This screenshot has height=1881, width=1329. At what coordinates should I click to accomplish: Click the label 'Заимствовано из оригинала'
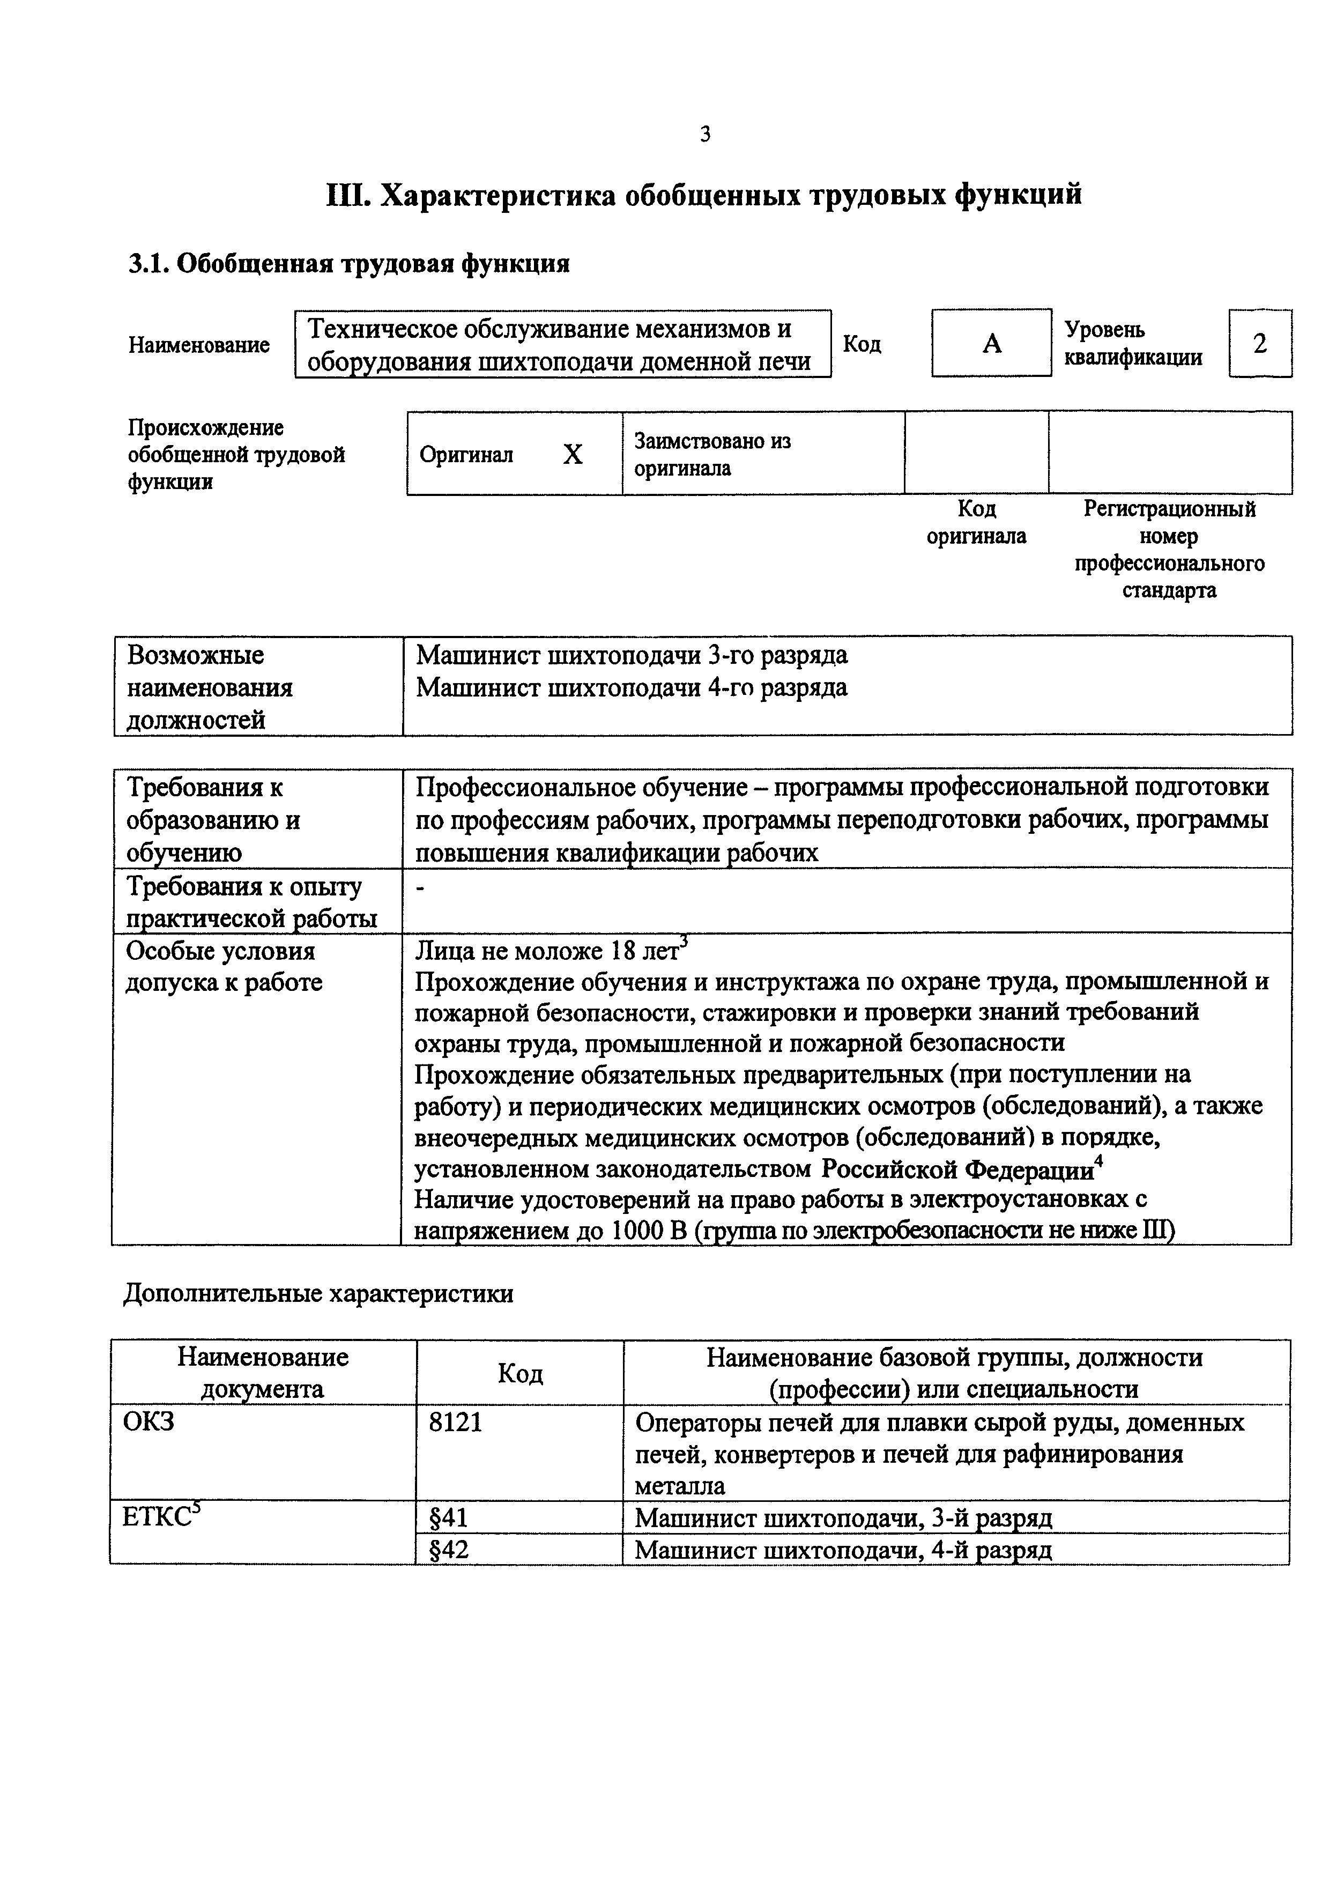coord(711,455)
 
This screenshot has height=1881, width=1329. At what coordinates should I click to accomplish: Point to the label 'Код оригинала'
coord(976,523)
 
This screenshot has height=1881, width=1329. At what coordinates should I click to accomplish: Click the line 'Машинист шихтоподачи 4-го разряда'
coord(632,687)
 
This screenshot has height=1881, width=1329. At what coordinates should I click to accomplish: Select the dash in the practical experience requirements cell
coord(421,888)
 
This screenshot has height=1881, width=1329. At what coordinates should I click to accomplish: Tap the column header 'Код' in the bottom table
coord(520,1373)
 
